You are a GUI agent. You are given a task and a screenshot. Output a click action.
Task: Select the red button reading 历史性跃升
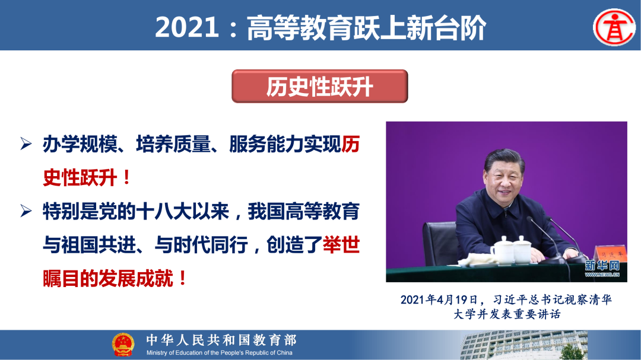(319, 87)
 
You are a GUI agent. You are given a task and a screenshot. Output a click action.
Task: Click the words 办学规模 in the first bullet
(81, 145)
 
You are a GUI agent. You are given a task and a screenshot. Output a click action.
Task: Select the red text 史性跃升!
(87, 177)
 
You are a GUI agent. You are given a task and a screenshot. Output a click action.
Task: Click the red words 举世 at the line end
(341, 245)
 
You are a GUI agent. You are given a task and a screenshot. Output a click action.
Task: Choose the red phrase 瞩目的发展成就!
(115, 278)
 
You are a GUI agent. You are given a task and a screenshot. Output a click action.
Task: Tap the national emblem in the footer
(123, 345)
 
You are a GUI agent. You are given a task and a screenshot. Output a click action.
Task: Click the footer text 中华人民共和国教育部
(221, 340)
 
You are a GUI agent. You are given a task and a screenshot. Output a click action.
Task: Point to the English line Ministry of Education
(220, 353)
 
